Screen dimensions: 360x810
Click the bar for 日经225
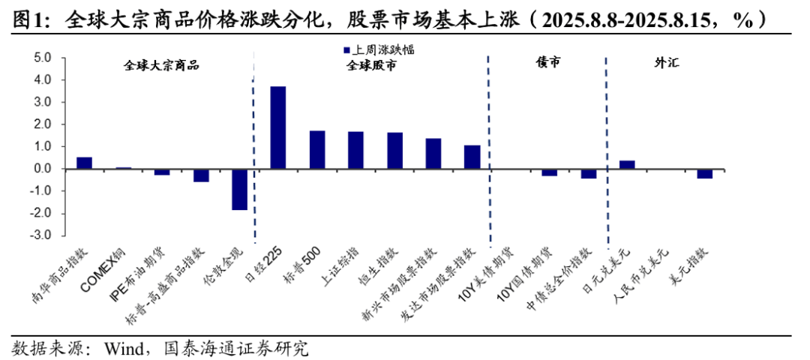(278, 127)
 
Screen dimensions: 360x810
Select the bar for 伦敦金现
(239, 189)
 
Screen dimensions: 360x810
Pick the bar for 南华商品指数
(85, 163)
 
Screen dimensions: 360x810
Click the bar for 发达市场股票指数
(472, 157)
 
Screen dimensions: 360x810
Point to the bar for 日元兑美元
(627, 164)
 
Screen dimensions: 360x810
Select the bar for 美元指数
(704, 173)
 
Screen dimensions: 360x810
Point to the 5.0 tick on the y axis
(42, 58)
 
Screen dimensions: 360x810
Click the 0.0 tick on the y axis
(42, 169)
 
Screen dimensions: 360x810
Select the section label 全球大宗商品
(161, 64)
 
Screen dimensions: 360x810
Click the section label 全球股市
(371, 65)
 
